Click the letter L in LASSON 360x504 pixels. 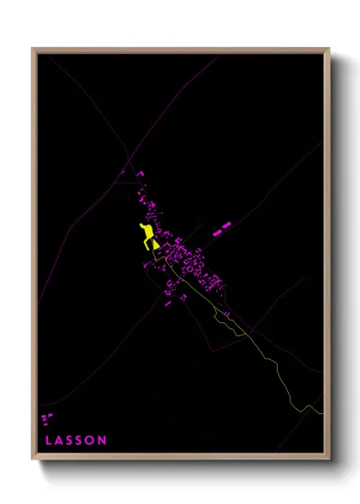(47, 441)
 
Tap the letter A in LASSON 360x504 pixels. (58, 441)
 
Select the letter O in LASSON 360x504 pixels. (91, 441)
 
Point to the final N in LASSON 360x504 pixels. (103, 441)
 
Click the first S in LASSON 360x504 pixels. (69, 441)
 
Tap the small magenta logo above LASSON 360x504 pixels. (46, 419)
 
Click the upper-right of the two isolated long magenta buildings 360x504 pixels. (227, 225)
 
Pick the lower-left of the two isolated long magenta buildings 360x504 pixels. (217, 231)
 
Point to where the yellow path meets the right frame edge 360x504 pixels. (323, 412)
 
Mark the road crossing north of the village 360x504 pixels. (131, 159)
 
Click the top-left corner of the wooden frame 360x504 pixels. (33, 49)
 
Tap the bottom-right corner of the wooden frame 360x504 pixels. (329, 460)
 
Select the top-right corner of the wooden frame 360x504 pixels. (329, 49)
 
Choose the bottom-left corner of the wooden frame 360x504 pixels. (33, 460)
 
